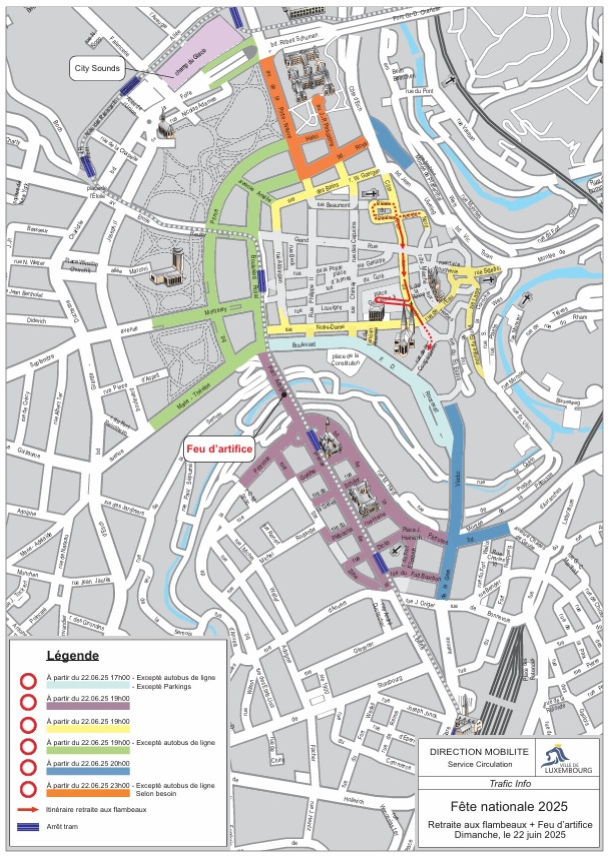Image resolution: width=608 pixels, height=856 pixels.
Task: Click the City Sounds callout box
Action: point(97,69)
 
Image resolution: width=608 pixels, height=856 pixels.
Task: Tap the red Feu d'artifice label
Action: point(220,449)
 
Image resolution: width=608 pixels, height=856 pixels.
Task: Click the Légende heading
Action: point(73,655)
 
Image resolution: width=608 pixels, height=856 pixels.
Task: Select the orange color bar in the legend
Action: point(88,793)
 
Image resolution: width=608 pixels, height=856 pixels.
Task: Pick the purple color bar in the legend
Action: point(88,706)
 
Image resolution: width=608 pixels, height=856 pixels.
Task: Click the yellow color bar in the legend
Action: point(88,728)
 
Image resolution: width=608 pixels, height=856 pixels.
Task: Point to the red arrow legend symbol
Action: point(28,809)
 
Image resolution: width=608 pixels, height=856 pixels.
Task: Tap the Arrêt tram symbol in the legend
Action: point(28,827)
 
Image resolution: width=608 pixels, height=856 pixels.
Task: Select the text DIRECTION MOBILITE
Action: point(479,752)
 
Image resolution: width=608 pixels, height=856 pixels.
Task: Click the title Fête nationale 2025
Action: point(509,806)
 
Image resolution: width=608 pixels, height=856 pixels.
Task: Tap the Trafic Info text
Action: point(510,784)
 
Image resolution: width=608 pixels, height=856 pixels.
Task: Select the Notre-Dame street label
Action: point(330,328)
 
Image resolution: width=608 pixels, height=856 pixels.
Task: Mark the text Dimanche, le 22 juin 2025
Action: point(510,835)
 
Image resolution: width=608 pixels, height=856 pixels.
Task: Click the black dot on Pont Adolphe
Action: point(283,395)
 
